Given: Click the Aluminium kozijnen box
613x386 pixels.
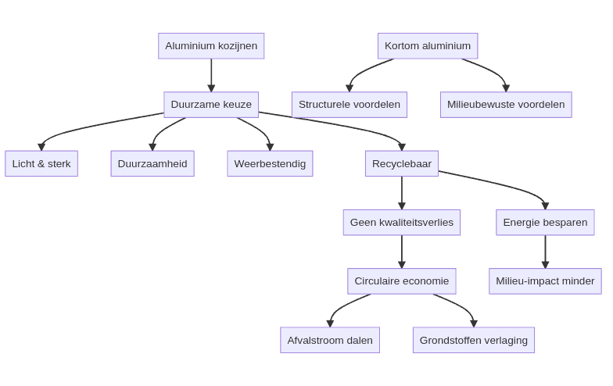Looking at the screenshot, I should [x=211, y=46].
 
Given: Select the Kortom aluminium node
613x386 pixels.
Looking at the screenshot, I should [x=428, y=46].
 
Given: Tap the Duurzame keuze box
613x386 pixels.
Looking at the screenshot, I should [x=211, y=105].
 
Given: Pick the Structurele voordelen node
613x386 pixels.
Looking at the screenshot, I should [x=349, y=105].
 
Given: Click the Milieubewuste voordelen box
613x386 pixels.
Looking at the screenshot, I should [x=506, y=105].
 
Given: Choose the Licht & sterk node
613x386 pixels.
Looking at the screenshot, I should [x=41, y=164].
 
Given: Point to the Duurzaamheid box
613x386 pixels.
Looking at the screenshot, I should [x=152, y=164].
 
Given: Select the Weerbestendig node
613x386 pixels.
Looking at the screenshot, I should [x=270, y=164].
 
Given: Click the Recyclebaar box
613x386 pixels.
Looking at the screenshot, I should [x=402, y=164].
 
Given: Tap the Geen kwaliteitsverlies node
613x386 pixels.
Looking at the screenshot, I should [x=402, y=223].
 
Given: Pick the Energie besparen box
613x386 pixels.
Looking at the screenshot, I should [x=545, y=223].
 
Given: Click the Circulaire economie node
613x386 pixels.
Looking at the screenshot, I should [x=402, y=281].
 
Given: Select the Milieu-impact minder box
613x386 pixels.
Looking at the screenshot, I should [x=545, y=281].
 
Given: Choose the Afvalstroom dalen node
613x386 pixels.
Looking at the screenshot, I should [x=330, y=340].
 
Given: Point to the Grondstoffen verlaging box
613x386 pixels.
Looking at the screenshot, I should [x=474, y=340].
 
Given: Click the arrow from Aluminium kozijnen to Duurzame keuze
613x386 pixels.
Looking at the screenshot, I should [x=211, y=75].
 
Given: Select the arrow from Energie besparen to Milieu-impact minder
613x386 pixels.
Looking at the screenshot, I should [x=545, y=252].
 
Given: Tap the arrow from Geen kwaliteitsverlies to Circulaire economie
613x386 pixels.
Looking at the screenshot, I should [x=402, y=252].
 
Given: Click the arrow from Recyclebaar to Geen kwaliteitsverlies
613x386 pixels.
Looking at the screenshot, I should [x=402, y=193].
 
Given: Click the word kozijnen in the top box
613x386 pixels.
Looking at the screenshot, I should [x=237, y=46].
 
